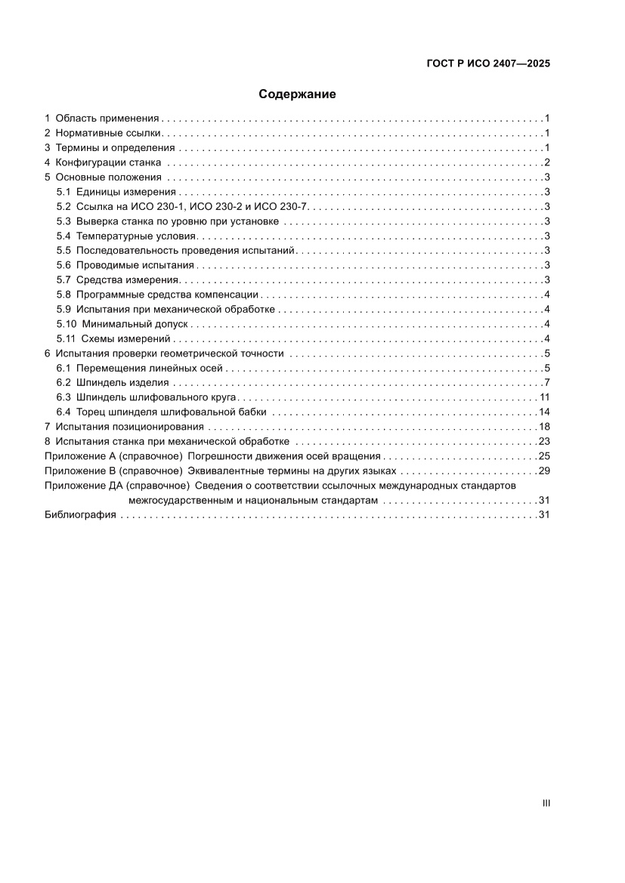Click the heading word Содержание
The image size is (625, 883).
point(297,94)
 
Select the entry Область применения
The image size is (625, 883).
point(107,119)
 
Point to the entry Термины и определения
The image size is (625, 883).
point(115,148)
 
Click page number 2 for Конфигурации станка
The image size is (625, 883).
point(546,163)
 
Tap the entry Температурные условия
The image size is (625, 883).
point(136,236)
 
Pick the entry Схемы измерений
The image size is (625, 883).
point(128,338)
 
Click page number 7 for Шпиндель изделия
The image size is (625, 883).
point(546,382)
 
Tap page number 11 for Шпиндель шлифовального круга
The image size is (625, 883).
point(544,397)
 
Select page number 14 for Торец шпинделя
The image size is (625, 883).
point(544,412)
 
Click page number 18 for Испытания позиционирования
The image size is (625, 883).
point(544,427)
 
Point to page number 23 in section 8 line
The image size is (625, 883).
point(544,441)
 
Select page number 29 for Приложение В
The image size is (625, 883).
point(544,471)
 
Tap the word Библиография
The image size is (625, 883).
point(80,514)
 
